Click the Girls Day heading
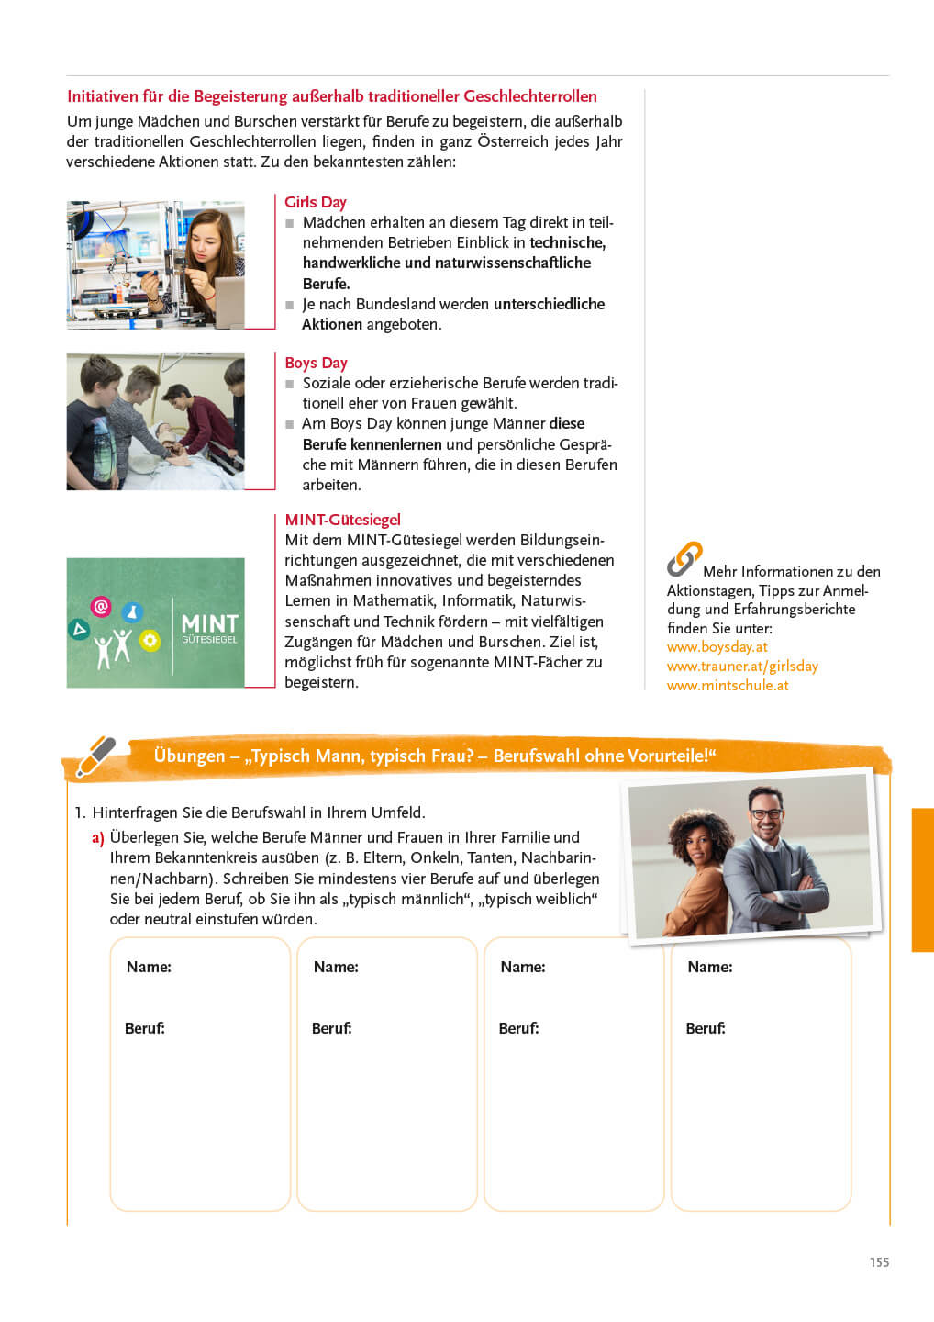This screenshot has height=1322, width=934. click(x=315, y=202)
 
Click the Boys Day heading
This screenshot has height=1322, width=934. click(x=316, y=363)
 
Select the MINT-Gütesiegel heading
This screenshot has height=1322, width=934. click(x=342, y=520)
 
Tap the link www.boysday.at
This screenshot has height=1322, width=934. click(x=717, y=646)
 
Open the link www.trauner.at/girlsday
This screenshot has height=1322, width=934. click(x=742, y=666)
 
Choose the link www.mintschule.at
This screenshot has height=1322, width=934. click(x=728, y=685)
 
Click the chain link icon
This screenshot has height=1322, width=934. click(x=684, y=558)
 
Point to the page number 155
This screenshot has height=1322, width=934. click(x=879, y=1262)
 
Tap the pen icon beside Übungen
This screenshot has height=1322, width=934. click(x=95, y=756)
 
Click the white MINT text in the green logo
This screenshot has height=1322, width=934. click(x=209, y=623)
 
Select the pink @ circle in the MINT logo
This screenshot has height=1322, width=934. click(x=101, y=606)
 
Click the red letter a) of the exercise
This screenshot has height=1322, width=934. click(x=97, y=837)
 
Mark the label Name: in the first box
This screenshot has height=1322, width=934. click(x=149, y=967)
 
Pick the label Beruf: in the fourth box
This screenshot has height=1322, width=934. click(x=706, y=1028)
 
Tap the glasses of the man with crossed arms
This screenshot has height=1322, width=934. click(x=766, y=813)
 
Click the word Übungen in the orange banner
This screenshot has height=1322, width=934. click(x=189, y=756)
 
